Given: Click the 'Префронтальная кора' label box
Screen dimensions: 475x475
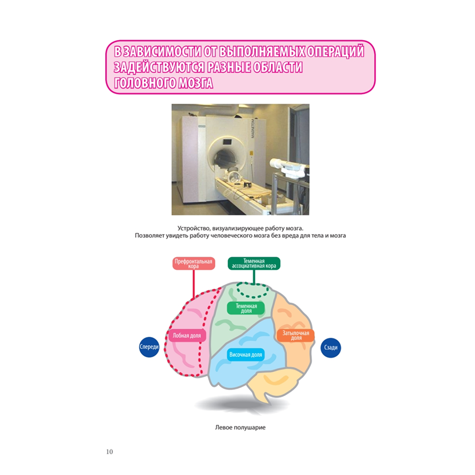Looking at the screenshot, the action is click(x=194, y=264).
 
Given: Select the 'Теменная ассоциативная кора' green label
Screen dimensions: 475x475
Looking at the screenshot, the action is click(x=254, y=263).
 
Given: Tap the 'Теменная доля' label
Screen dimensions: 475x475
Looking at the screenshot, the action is click(x=246, y=308).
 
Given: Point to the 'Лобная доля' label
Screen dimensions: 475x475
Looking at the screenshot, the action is click(x=187, y=335).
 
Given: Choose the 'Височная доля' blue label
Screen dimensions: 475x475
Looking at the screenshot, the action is click(x=246, y=355).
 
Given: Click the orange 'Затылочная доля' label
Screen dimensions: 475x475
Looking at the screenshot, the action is click(x=295, y=335).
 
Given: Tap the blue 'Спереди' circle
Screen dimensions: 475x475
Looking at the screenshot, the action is click(x=149, y=347).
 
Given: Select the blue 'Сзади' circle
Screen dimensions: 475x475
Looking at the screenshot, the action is click(x=331, y=348).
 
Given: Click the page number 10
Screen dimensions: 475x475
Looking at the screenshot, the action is click(x=109, y=452).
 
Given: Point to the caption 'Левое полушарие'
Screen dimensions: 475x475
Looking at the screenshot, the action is click(x=240, y=427).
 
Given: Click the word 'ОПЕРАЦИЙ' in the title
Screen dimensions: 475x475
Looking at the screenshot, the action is click(x=335, y=51).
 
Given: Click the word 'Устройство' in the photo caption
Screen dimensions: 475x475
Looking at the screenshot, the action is click(x=193, y=228).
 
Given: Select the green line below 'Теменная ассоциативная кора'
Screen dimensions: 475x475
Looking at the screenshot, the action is click(x=254, y=277).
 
